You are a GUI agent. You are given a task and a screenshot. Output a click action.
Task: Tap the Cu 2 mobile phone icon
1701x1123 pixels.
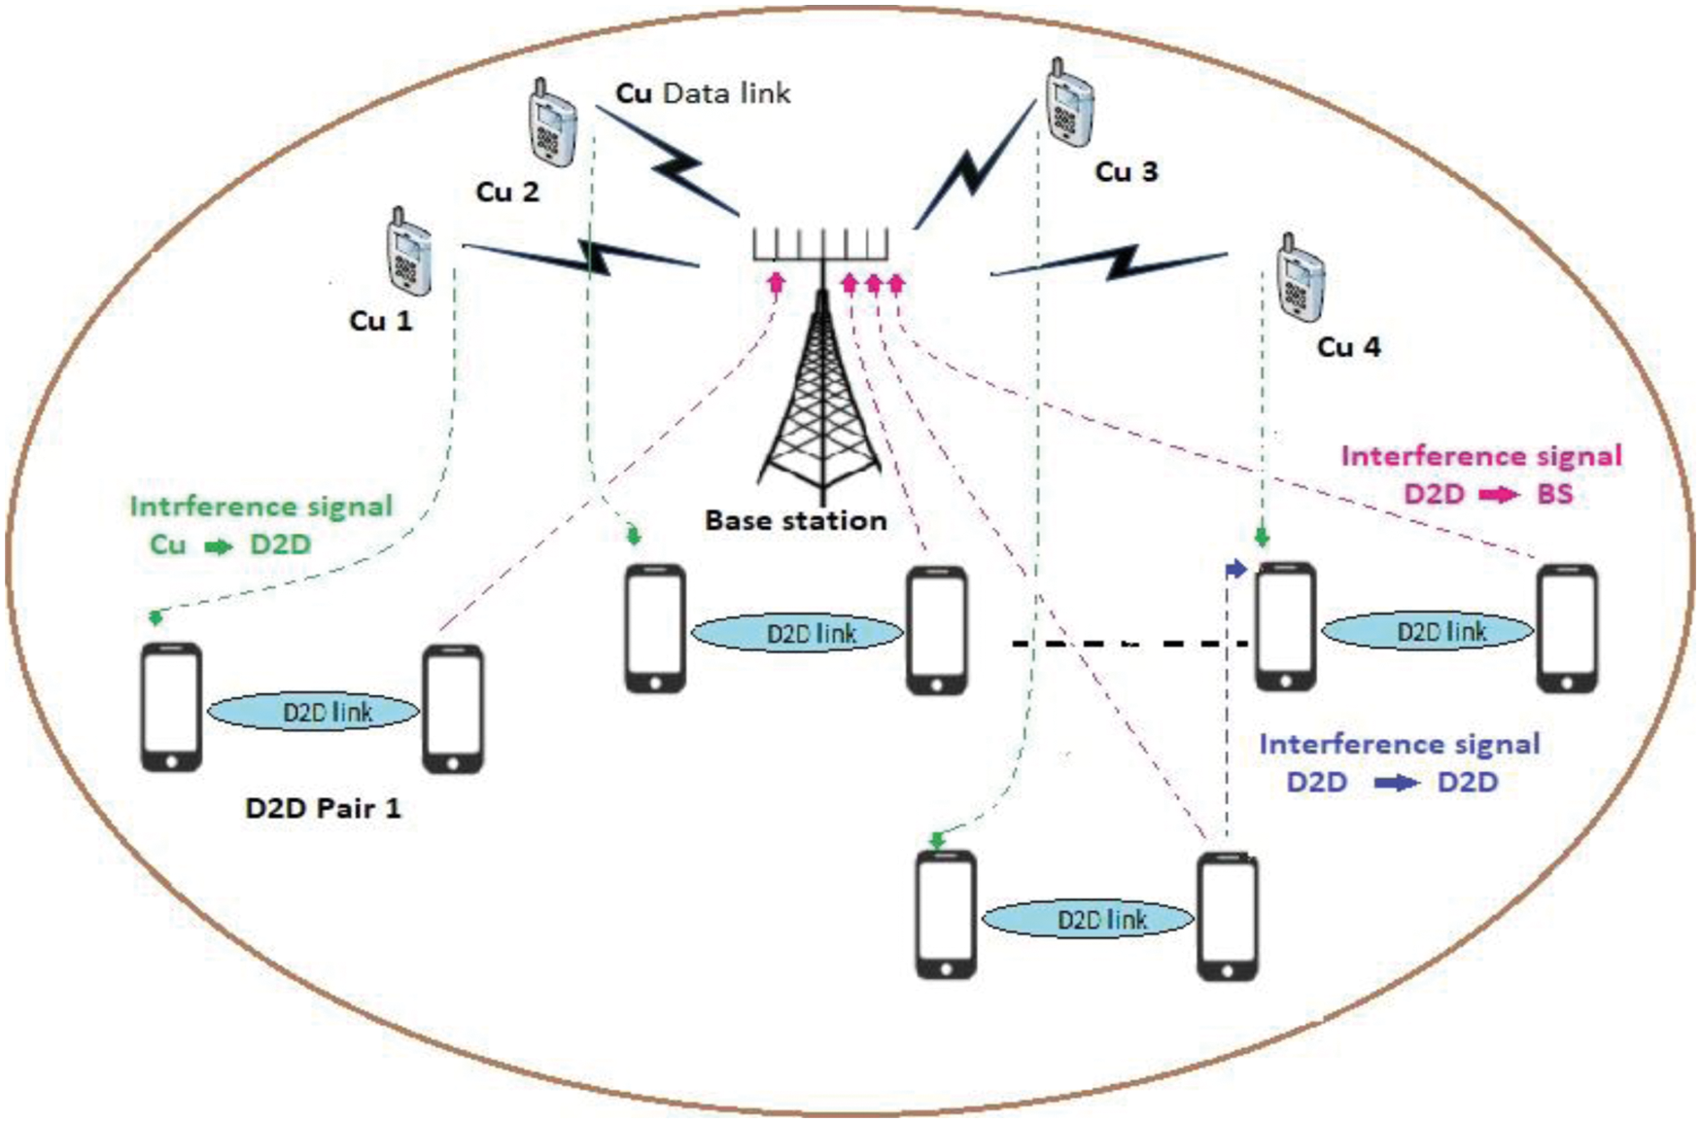551,123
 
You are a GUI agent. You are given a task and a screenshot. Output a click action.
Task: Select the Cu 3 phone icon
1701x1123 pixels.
1069,103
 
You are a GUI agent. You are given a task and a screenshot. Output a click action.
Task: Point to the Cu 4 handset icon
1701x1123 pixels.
1300,277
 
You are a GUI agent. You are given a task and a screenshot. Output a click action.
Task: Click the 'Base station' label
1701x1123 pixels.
795,521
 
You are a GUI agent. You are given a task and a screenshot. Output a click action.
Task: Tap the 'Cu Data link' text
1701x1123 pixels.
703,93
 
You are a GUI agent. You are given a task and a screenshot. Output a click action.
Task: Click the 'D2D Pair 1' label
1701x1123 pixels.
323,808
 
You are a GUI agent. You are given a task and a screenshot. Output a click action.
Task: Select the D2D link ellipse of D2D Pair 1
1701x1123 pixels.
313,712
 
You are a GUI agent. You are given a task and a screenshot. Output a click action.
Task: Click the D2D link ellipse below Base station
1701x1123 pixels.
797,633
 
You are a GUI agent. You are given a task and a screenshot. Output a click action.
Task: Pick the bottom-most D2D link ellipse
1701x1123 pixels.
1088,919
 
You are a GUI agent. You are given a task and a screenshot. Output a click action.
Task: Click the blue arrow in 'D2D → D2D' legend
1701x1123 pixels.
1396,783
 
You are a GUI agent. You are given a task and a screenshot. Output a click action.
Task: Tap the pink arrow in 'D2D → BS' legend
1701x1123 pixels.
1498,495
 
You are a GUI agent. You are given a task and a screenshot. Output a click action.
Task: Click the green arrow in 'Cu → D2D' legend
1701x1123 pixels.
219,545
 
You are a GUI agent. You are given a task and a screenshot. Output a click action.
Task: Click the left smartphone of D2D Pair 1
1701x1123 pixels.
172,707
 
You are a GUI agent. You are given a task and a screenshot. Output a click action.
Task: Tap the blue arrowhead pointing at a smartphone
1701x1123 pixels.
1235,570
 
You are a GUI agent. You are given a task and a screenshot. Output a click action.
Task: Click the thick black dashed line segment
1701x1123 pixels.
1128,644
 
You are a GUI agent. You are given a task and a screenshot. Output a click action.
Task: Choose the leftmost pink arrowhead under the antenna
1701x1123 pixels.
776,282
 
